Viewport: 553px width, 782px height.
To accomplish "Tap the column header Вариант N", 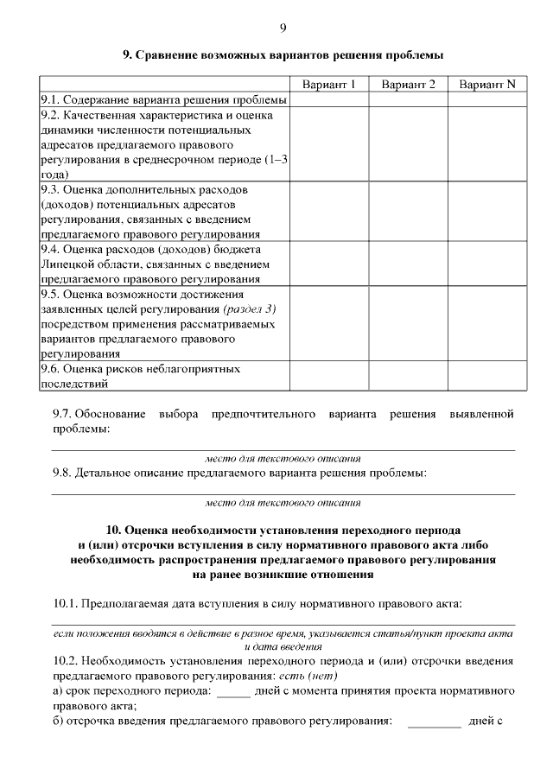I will (487, 85).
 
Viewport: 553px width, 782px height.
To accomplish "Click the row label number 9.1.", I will (50, 100).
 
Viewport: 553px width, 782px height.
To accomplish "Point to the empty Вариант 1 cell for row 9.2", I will (328, 143).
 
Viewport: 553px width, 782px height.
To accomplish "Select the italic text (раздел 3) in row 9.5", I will (250, 309).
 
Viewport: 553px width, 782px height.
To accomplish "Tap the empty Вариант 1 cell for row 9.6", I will (328, 377).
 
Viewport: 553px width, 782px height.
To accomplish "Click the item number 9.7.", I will (63, 415).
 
